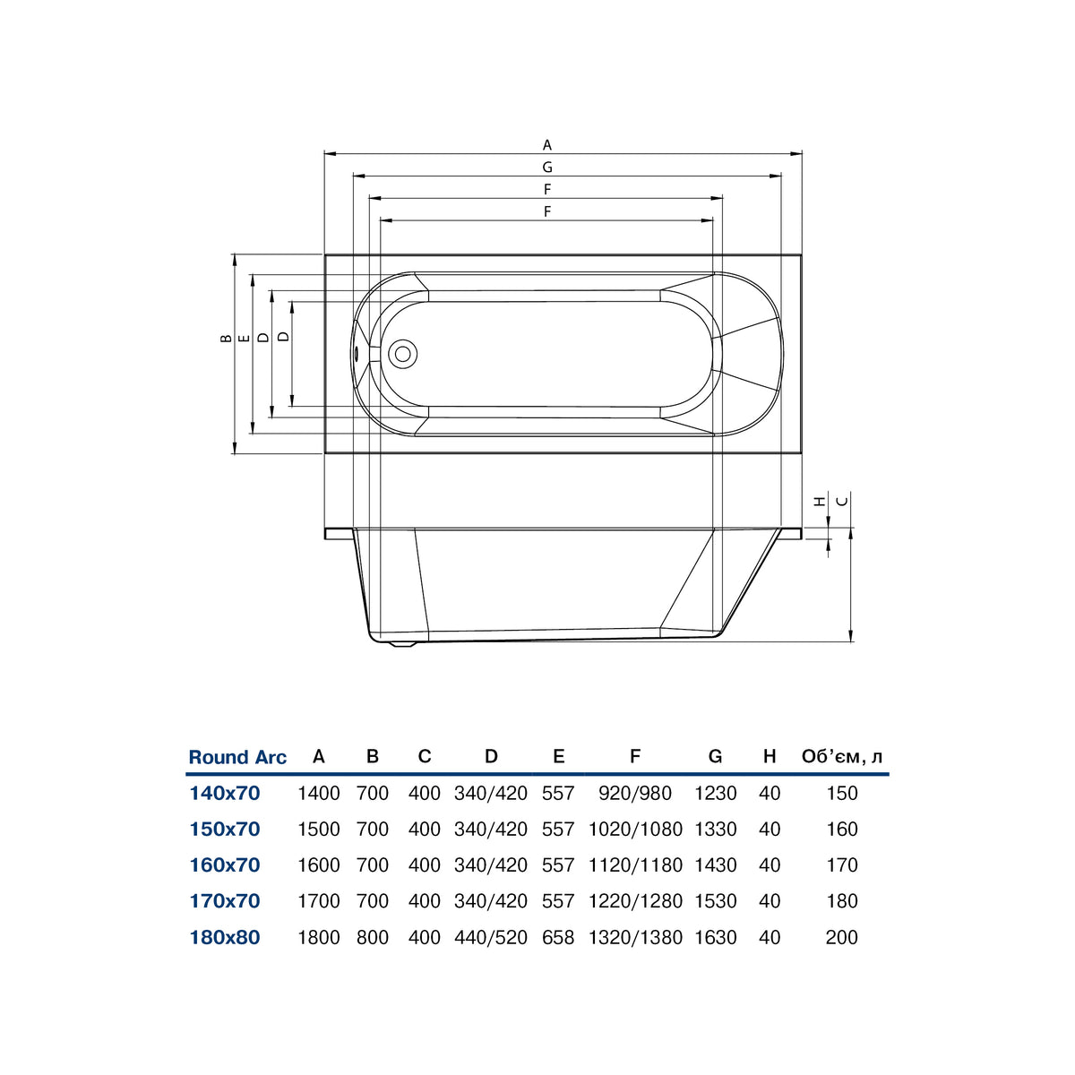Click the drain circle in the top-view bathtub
coord(403,354)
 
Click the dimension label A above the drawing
coord(547,145)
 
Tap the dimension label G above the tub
coord(547,167)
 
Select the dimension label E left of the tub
coord(244,338)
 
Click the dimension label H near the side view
coord(820,501)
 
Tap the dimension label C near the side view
coord(844,501)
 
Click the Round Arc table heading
coord(237,757)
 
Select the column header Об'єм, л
coord(842,756)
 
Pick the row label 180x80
coord(225,937)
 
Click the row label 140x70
coord(225,793)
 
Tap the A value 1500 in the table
coord(319,829)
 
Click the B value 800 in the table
coord(373,937)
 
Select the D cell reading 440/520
coord(491,937)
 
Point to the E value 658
coord(558,937)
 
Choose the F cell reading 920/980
coord(635,793)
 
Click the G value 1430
coord(716,865)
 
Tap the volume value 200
coord(842,937)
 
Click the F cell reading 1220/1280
coord(635,901)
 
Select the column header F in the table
coord(635,756)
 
